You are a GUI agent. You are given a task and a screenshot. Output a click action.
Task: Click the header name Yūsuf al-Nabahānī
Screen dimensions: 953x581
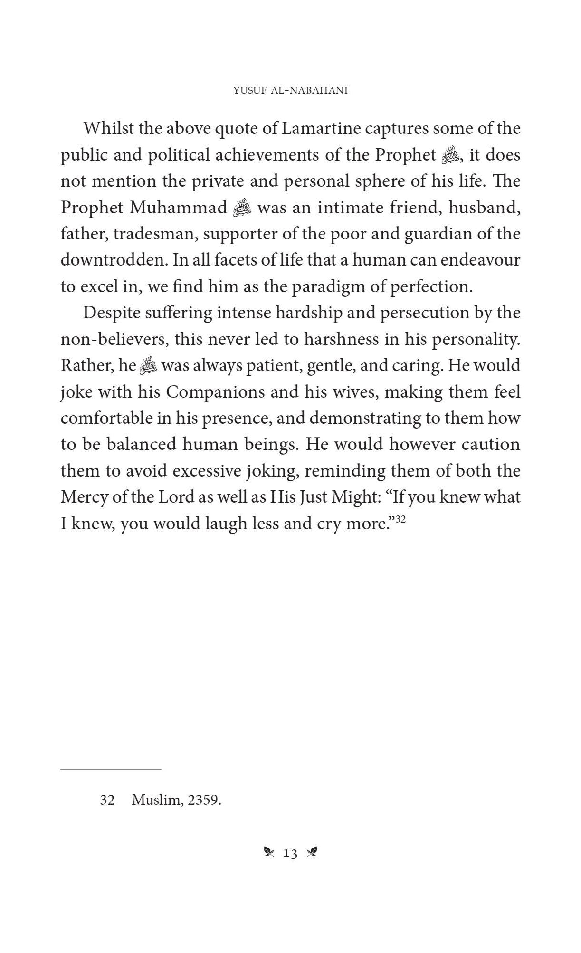tap(290, 91)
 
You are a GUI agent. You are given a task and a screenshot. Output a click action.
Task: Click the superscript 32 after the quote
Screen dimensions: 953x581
tap(400, 520)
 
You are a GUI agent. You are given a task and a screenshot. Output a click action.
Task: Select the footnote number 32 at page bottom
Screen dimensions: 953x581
tap(107, 800)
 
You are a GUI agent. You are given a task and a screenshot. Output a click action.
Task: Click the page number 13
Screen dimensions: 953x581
tap(290, 854)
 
